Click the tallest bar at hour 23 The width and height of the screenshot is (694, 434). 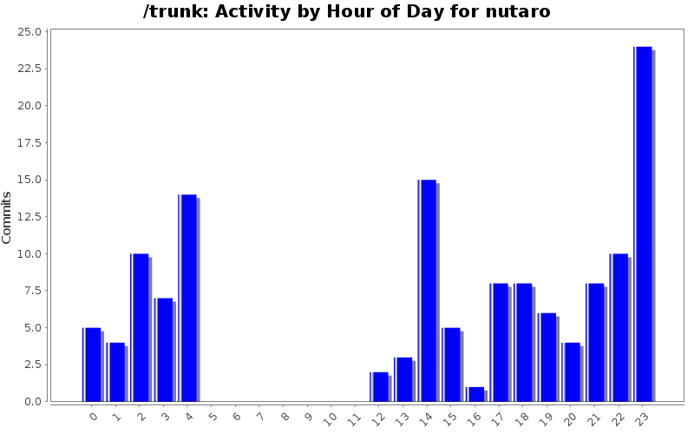tap(643, 224)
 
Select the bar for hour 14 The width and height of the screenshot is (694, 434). tap(426, 291)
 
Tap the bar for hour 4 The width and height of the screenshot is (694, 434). tap(187, 298)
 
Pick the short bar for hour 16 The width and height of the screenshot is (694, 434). tap(475, 394)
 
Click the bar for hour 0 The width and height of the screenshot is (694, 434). tap(92, 365)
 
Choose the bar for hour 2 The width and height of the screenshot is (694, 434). tap(140, 327)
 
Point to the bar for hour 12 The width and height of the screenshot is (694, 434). tap(378, 387)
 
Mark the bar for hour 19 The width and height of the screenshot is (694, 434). tap(547, 357)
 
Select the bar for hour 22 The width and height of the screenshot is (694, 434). tap(619, 327)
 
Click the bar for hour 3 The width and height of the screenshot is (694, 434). tap(164, 350)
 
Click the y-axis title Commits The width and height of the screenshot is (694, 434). tap(7, 217)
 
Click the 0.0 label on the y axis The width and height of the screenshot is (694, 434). tap(32, 402)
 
